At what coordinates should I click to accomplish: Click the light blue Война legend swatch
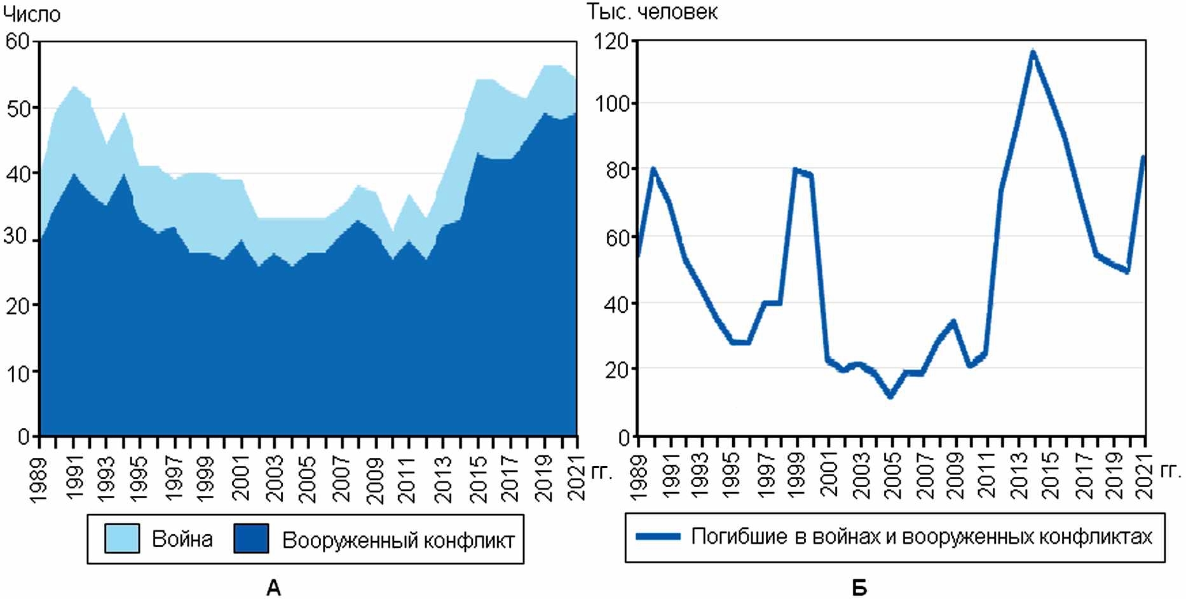(x=122, y=539)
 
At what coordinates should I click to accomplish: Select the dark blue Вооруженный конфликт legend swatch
(x=251, y=539)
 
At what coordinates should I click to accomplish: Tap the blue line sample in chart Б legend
(x=658, y=537)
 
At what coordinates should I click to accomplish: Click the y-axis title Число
(x=32, y=14)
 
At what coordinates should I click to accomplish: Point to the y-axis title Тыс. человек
(x=652, y=11)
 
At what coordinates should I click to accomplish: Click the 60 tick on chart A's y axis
(x=18, y=41)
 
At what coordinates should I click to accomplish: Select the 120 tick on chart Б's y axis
(x=611, y=41)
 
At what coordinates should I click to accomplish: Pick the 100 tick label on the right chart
(x=611, y=103)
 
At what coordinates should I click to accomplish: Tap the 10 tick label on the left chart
(x=18, y=372)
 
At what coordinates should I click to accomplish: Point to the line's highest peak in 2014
(x=1033, y=52)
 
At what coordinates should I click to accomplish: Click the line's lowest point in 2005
(x=890, y=397)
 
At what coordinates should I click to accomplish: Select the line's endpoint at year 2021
(x=1143, y=156)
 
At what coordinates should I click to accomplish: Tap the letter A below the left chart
(x=273, y=588)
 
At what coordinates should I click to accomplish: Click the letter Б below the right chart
(x=859, y=588)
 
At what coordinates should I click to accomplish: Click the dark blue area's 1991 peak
(x=74, y=174)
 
